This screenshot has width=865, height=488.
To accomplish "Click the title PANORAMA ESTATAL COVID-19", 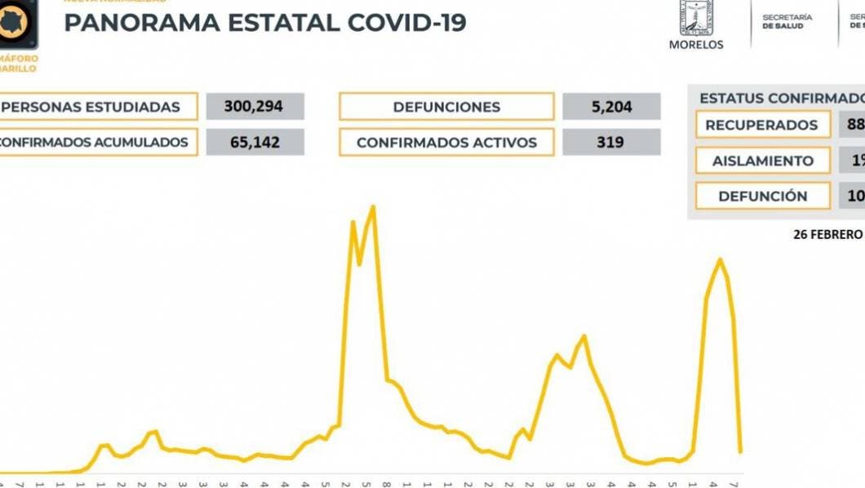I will [x=265, y=23].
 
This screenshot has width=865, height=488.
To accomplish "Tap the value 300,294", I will [x=255, y=107].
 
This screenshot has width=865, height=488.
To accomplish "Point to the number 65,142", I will [x=255, y=143].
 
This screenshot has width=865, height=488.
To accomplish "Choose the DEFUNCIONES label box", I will [x=446, y=107].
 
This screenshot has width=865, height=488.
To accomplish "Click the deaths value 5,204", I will [x=609, y=107].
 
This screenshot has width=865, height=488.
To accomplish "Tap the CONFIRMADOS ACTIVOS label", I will [x=446, y=143].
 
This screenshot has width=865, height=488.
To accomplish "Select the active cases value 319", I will [x=609, y=143].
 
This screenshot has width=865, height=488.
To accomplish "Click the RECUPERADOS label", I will [x=761, y=125].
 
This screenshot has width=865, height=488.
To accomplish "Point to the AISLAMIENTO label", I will [x=762, y=161].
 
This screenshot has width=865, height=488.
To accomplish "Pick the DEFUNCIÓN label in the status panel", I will [x=762, y=196].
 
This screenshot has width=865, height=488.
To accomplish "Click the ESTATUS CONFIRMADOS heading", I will [x=780, y=98].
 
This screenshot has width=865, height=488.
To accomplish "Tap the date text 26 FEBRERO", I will [x=827, y=234].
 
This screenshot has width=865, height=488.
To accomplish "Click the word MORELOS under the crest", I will [x=696, y=45].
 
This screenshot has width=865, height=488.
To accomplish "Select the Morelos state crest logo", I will [x=696, y=18].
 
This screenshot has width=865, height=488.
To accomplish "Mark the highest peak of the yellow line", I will [x=373, y=206].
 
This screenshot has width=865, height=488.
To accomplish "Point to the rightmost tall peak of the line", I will [x=720, y=260].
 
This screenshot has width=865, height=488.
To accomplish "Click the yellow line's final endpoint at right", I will [x=740, y=451].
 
